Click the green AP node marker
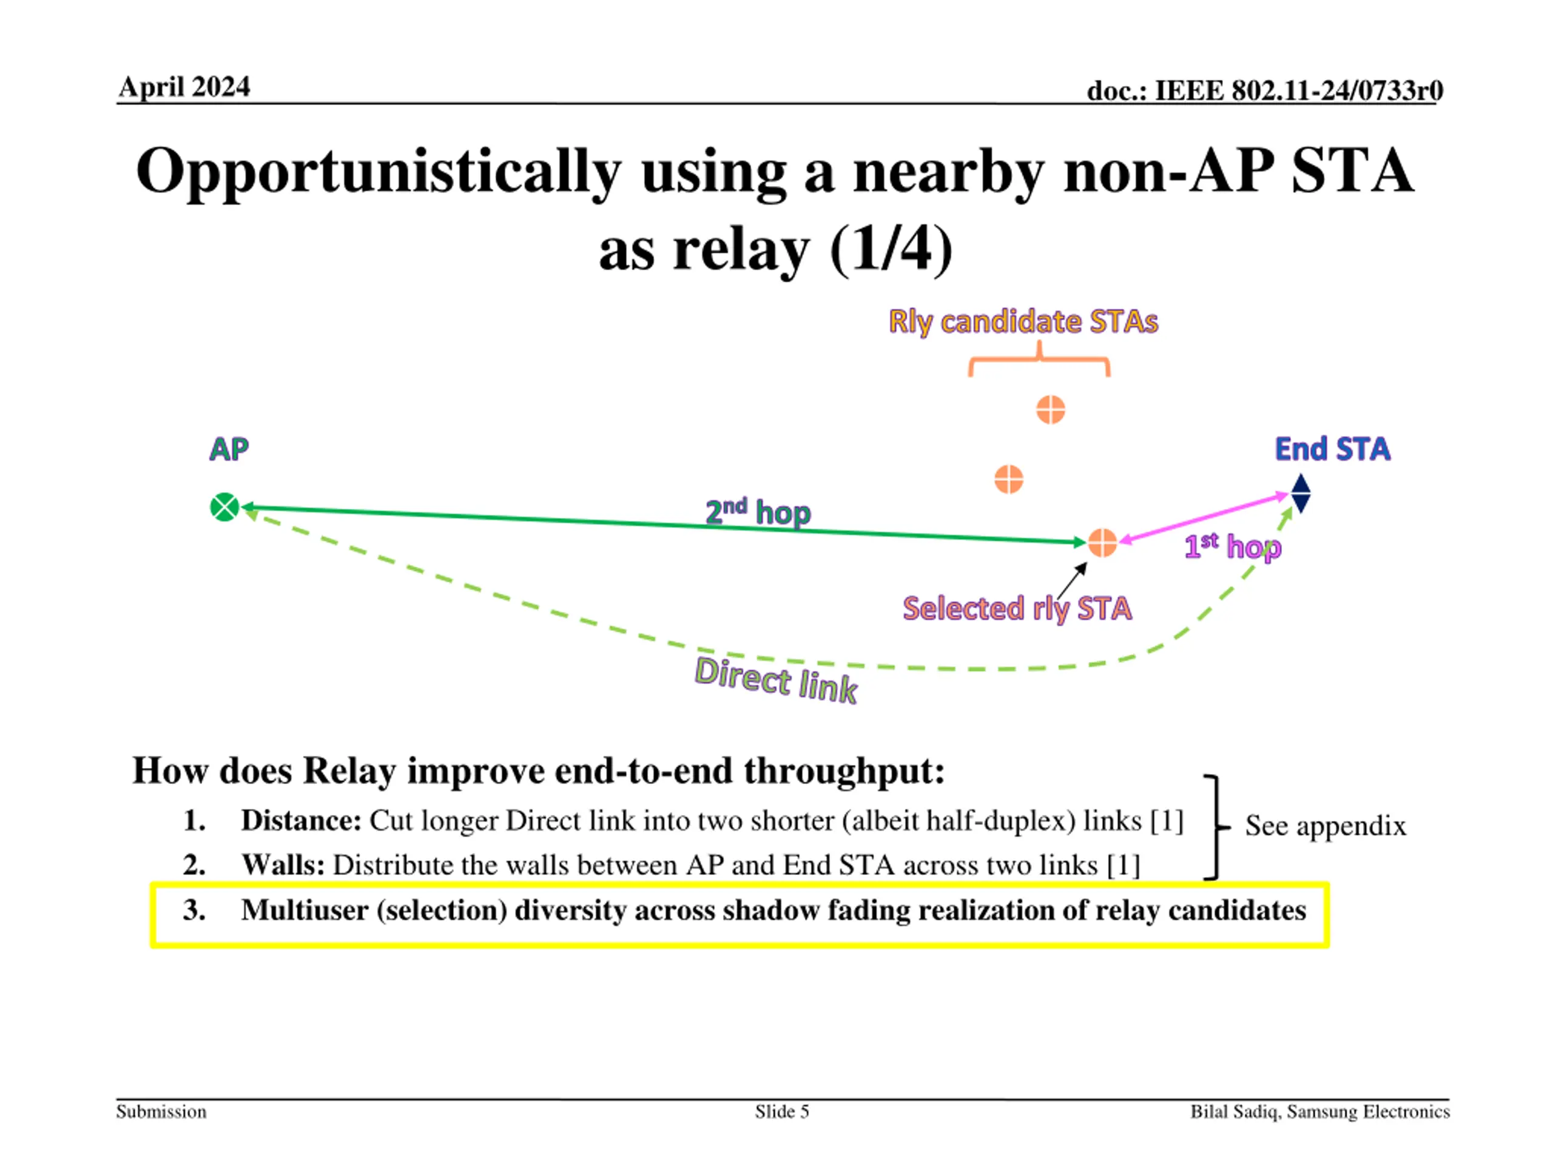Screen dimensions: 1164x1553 coord(224,507)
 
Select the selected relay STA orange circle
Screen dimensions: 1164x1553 coord(1102,543)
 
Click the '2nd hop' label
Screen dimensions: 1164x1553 coord(758,512)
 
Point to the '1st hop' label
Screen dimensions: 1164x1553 coord(1232,547)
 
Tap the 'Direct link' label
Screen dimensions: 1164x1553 coord(776,680)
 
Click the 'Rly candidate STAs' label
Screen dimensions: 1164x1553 coord(1023,322)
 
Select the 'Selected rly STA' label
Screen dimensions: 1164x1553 coord(1017,608)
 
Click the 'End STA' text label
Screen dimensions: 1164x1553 coord(1332,449)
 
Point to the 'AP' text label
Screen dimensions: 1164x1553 coord(229,449)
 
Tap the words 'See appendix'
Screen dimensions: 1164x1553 coord(1325,826)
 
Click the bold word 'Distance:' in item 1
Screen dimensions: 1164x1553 coord(301,820)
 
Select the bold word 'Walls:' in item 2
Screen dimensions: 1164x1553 coord(283,865)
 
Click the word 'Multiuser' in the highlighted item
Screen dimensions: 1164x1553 coord(305,910)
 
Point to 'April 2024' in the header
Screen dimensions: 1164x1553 coord(184,87)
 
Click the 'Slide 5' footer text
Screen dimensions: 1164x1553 coord(781,1111)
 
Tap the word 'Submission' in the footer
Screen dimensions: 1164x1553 coord(161,1111)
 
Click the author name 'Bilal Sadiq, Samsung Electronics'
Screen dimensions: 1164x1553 coord(1320,1111)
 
